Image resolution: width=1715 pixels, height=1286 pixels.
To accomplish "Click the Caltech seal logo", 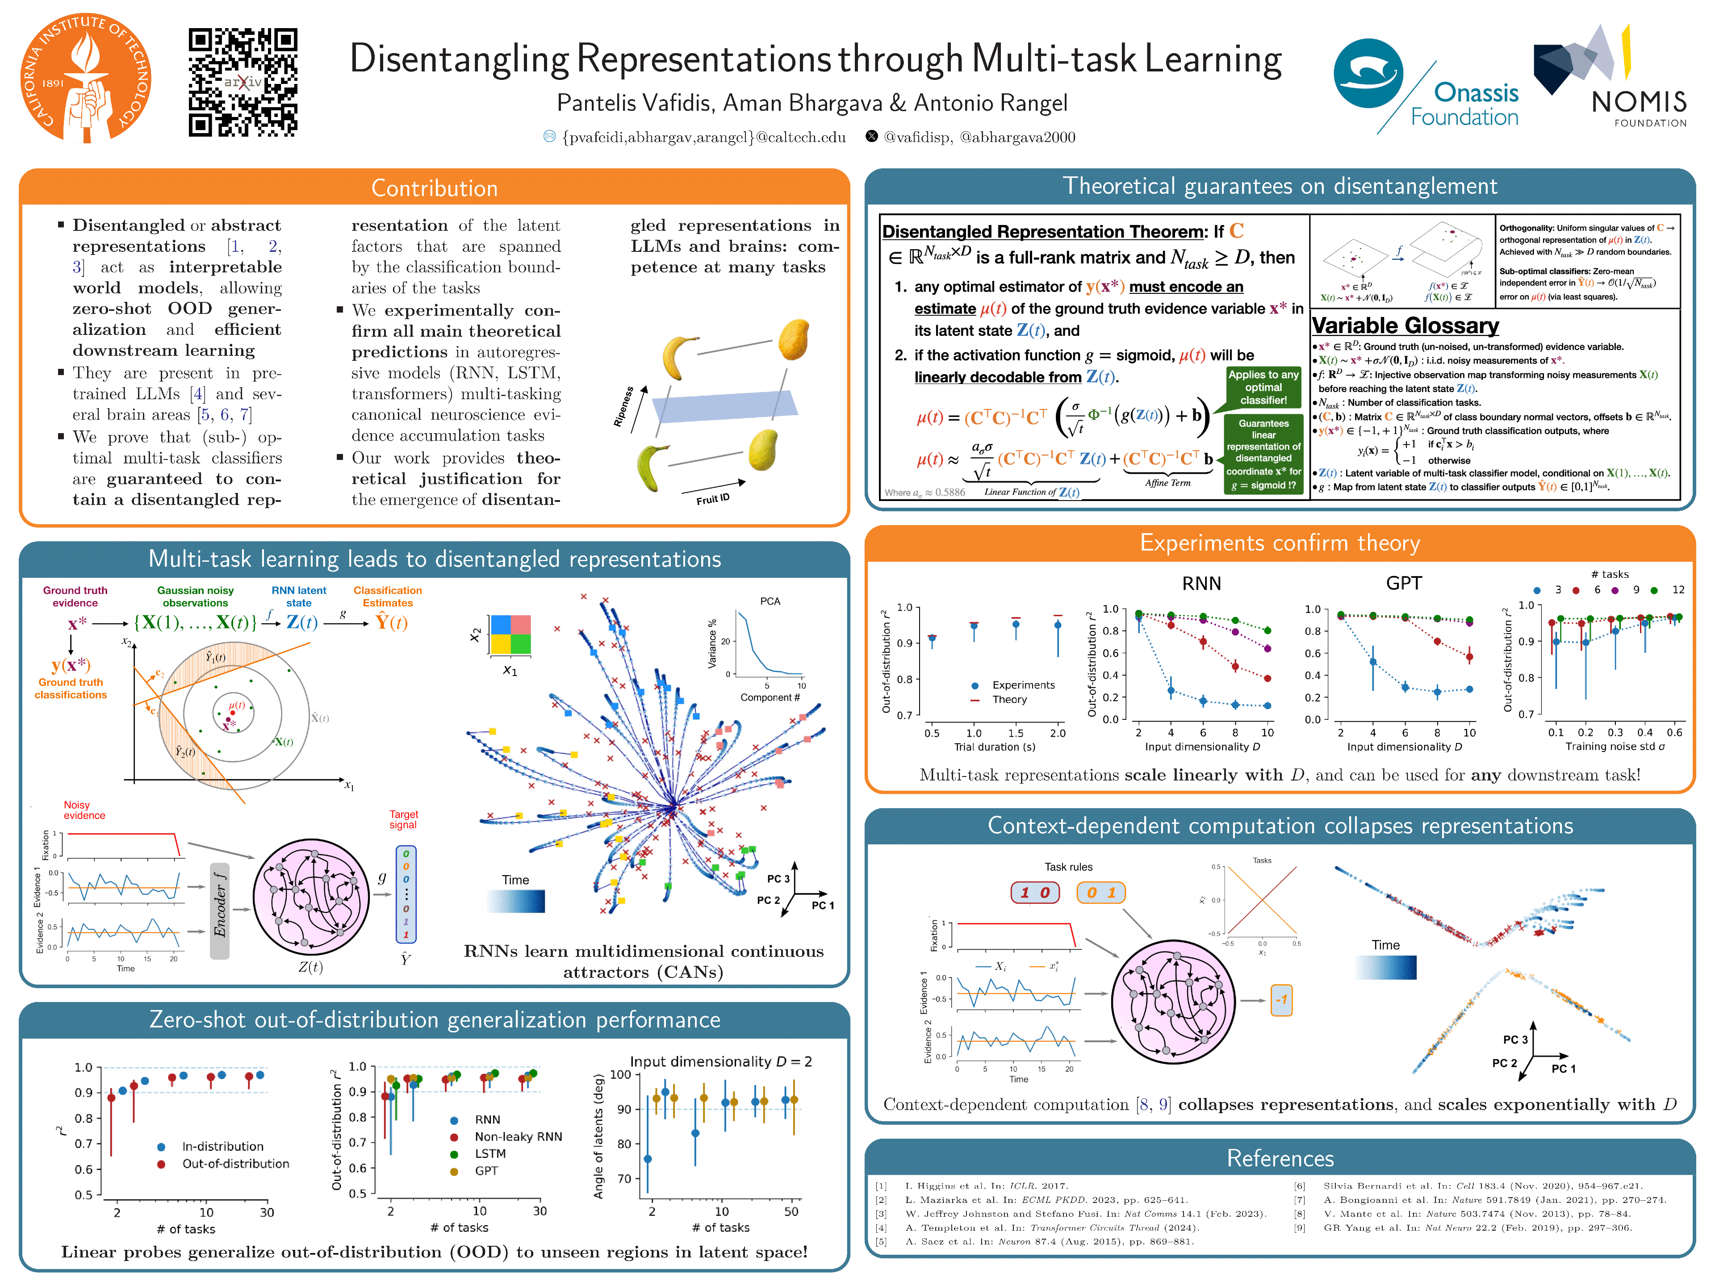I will pos(85,78).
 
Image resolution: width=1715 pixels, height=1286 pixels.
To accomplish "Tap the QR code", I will pos(243,82).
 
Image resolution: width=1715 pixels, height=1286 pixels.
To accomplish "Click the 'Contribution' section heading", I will pos(434,188).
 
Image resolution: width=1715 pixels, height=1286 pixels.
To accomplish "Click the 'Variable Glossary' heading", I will pos(1405,326).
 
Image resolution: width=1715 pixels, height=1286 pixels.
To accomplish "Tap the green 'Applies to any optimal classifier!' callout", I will pos(1263,388).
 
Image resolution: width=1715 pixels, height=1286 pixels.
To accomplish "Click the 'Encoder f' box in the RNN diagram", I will pos(220,911).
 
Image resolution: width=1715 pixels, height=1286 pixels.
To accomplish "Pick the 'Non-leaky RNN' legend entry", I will pos(518,1136).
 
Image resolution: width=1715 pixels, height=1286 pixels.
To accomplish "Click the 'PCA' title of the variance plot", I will pos(770,601).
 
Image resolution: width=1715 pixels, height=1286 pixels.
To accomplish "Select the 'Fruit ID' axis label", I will pos(712,498).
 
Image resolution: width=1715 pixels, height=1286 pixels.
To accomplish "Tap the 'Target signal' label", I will pos(403,819).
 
